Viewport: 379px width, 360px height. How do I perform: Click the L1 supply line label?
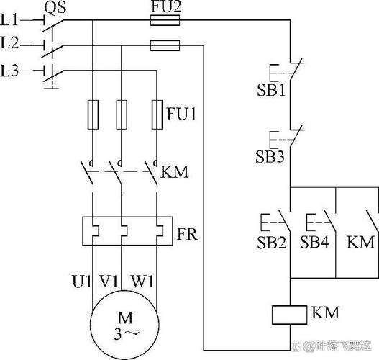(9, 19)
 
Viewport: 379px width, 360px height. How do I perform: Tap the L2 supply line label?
(9, 42)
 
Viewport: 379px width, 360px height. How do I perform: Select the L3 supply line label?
(9, 71)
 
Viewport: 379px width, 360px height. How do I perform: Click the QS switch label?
(55, 7)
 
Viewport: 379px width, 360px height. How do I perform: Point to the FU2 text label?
(166, 6)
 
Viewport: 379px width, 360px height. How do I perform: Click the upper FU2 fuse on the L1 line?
(165, 20)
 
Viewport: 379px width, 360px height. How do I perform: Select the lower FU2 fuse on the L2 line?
(165, 45)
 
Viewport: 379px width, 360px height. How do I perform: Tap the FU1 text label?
(181, 113)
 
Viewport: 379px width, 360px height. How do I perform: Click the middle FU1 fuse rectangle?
(122, 114)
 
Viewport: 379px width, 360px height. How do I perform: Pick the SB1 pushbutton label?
(271, 90)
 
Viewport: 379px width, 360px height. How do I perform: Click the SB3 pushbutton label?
(270, 156)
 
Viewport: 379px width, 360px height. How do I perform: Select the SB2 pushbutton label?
(271, 242)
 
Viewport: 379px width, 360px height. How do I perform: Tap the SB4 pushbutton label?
(314, 242)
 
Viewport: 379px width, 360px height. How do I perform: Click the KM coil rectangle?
(290, 315)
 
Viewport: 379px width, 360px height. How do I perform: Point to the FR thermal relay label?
(187, 234)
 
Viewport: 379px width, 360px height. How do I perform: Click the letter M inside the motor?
(125, 318)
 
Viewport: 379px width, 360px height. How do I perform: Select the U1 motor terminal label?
(82, 282)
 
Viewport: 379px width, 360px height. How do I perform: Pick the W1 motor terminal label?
(142, 282)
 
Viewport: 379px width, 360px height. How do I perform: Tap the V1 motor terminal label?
(109, 282)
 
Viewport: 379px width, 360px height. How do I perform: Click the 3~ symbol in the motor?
(127, 334)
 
